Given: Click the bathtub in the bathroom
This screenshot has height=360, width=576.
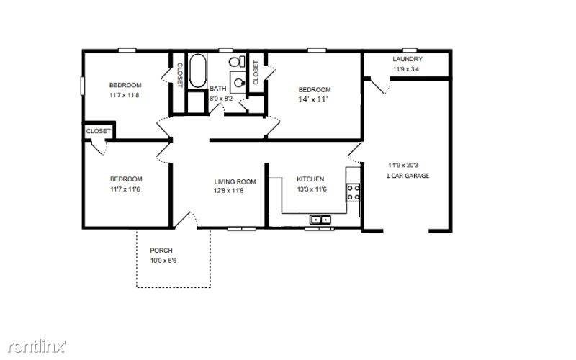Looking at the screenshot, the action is (x=197, y=71).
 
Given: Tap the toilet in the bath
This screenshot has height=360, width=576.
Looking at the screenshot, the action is (x=238, y=61).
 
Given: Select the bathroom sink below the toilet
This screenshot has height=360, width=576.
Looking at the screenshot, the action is (x=238, y=82).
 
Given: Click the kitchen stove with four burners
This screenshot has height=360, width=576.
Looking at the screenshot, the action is (x=354, y=192).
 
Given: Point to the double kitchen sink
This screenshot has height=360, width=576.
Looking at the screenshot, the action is (x=320, y=220).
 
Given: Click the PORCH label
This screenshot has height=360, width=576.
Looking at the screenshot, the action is (x=161, y=251).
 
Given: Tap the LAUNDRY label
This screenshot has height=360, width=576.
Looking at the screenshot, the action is (x=408, y=59).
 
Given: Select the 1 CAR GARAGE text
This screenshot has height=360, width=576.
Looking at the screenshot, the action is (x=408, y=176).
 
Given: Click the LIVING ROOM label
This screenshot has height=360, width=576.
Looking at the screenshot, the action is (x=235, y=182).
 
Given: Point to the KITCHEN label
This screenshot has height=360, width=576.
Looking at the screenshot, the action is (x=310, y=179).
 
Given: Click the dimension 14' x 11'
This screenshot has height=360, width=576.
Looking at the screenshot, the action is (x=312, y=99).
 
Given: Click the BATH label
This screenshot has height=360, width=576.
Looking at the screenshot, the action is (x=218, y=89).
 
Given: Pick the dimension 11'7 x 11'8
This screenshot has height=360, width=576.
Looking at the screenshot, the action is (x=124, y=96).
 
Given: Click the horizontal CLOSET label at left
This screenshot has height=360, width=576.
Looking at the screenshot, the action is (x=98, y=131).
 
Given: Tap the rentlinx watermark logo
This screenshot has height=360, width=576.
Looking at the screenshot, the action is (x=37, y=346).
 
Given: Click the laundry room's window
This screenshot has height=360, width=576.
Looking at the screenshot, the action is (x=410, y=50).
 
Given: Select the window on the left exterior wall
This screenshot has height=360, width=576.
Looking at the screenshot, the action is (x=83, y=86).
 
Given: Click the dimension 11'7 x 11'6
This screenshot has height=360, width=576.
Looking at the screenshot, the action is (x=125, y=189).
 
